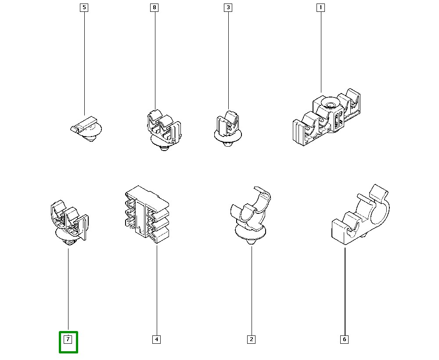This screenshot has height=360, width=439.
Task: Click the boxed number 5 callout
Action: tap(84, 7)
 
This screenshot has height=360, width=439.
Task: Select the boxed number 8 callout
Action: tap(154, 7)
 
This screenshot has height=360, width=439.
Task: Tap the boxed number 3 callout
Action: tap(228, 7)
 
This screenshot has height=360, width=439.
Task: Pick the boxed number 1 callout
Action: tap(320, 7)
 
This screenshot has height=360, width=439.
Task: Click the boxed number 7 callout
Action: tap(68, 339)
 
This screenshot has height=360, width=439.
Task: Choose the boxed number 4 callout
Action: tap(157, 339)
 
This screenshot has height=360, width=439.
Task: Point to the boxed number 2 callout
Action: tap(252, 339)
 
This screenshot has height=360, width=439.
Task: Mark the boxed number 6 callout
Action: tap(344, 339)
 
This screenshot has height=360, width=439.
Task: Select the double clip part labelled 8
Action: tap(164, 130)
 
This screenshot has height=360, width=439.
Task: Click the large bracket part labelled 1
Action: tap(327, 117)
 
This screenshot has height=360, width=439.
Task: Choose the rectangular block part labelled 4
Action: tap(147, 214)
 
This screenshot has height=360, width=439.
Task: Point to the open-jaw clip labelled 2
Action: tap(250, 215)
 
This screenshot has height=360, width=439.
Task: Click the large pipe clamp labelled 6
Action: tap(360, 215)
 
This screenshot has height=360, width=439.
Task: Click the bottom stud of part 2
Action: tap(252, 241)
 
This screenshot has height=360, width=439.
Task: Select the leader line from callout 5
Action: tap(84, 63)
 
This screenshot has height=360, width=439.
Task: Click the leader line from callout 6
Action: tap(345, 292)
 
